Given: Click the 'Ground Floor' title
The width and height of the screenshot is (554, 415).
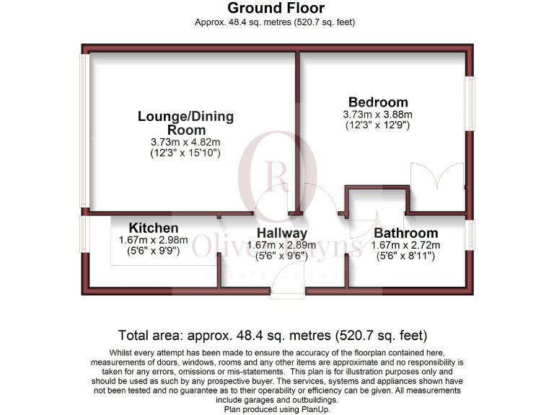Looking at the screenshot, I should point(276,9).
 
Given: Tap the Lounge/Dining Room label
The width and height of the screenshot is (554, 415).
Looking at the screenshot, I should point(186,122).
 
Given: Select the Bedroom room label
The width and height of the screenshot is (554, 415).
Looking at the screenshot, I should point(378,102).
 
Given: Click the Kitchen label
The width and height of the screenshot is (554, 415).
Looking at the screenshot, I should point(154,228).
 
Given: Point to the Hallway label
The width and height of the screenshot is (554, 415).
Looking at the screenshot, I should point(282,233).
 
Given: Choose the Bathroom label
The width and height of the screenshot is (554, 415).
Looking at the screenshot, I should point(405,233).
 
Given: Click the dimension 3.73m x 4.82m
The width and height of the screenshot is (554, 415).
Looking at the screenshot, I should point(185,141).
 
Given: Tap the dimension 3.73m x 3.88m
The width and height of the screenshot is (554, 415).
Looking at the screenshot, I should point(378,114).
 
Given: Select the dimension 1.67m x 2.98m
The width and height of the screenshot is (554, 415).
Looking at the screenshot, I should point(153,240).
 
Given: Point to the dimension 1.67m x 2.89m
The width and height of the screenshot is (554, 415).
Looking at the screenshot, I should point(281,245).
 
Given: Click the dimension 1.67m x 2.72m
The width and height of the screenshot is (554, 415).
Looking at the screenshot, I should point(405,245).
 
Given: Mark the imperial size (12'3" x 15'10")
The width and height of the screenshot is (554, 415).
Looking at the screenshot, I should point(185,153).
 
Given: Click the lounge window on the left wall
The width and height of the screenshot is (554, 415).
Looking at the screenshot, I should point(84,133).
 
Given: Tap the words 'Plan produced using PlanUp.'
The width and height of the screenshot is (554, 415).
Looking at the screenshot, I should point(276,409).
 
